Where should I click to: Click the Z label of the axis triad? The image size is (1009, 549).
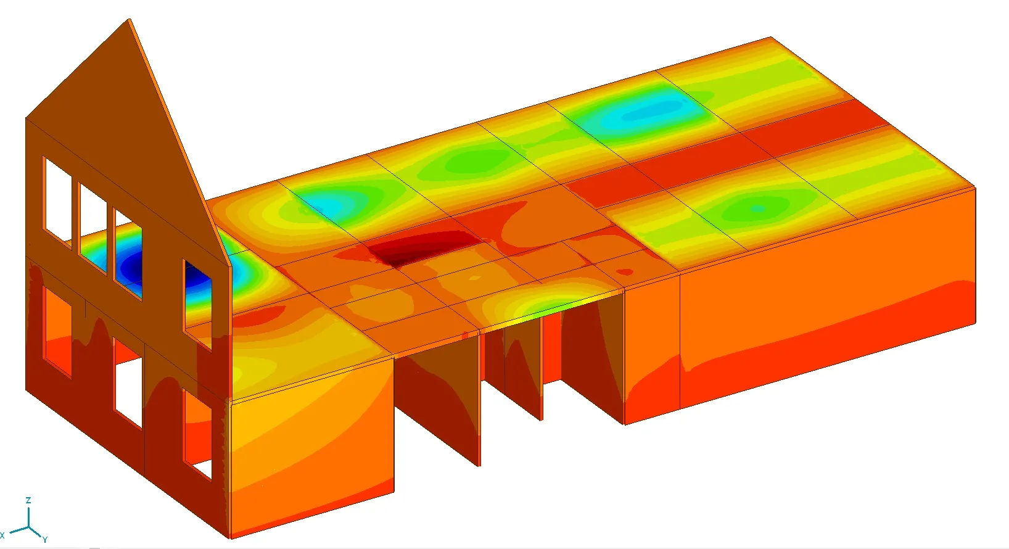point(28,500)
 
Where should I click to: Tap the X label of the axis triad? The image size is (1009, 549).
point(2,535)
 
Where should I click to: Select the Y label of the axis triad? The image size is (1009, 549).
point(45,539)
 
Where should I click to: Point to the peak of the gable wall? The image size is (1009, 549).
point(130,19)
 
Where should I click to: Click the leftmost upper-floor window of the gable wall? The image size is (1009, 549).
point(57,202)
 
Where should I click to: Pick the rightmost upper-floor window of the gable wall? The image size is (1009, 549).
point(197,305)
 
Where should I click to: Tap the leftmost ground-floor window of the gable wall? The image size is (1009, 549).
point(57,331)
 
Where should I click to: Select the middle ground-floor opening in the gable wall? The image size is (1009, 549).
point(128,384)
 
